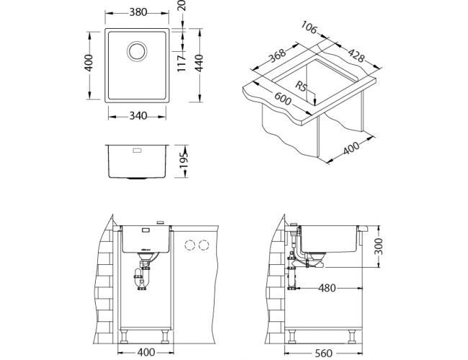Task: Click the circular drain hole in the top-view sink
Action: point(137,51)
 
